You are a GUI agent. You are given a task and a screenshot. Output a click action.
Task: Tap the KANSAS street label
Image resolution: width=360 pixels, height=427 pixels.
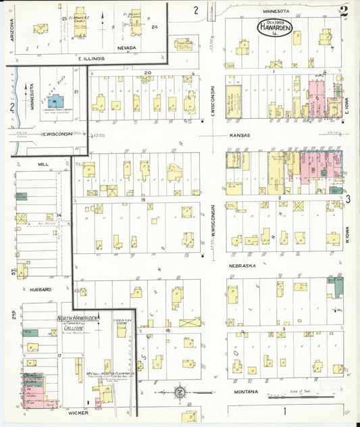click(x=240, y=136)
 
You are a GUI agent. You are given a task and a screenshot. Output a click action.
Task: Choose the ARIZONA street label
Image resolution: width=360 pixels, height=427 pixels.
click(x=12, y=30)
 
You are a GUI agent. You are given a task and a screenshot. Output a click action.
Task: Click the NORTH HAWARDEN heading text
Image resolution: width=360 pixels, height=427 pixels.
click(x=78, y=318)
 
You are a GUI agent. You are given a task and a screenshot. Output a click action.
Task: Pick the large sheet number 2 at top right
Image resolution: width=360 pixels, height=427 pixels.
click(x=344, y=10)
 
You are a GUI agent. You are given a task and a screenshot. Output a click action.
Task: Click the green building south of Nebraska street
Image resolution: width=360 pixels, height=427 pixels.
click(x=332, y=287)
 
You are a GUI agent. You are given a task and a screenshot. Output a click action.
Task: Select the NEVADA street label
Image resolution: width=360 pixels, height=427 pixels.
click(x=127, y=48)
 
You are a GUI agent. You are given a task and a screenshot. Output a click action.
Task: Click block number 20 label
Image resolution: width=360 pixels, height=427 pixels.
click(x=147, y=71)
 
